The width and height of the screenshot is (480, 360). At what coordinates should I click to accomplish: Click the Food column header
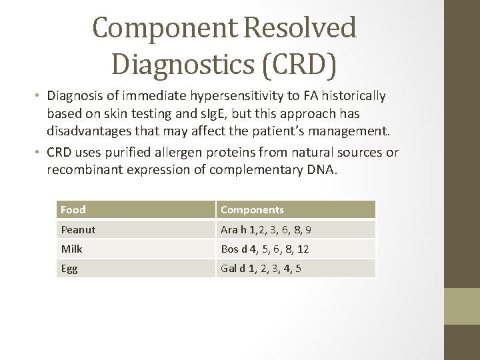tap(73, 209)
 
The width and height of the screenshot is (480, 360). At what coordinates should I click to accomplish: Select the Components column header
tap(252, 209)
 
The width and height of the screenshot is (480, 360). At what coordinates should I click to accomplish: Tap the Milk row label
tap(71, 249)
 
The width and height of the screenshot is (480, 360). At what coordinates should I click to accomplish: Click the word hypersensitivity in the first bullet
tap(229, 97)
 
